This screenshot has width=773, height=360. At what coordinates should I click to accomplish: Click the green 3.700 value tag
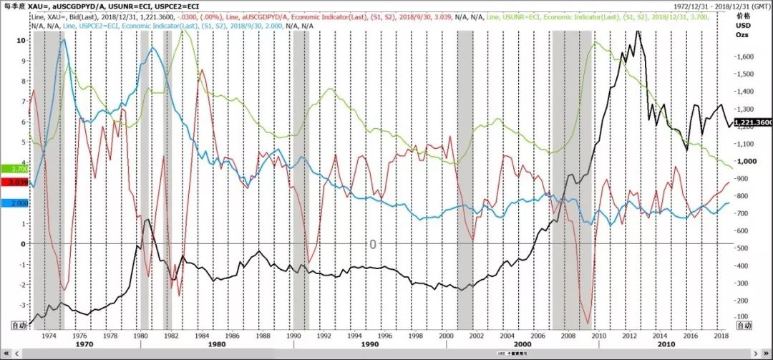click(x=15, y=168)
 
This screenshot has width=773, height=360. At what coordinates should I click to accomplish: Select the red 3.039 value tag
click(x=15, y=183)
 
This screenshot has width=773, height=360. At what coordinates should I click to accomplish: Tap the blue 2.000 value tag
click(x=15, y=203)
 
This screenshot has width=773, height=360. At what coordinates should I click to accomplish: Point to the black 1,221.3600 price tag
click(x=754, y=122)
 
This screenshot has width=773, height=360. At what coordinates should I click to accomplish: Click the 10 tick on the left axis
click(x=21, y=41)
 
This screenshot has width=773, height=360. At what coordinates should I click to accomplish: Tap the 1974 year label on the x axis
click(x=49, y=335)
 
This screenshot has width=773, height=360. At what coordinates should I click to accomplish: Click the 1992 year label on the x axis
click(x=324, y=335)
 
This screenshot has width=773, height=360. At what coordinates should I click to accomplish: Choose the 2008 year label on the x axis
click(x=568, y=335)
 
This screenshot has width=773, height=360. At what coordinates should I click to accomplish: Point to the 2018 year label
click(x=720, y=335)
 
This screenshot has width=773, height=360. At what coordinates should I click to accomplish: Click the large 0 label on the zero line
click(x=372, y=245)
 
